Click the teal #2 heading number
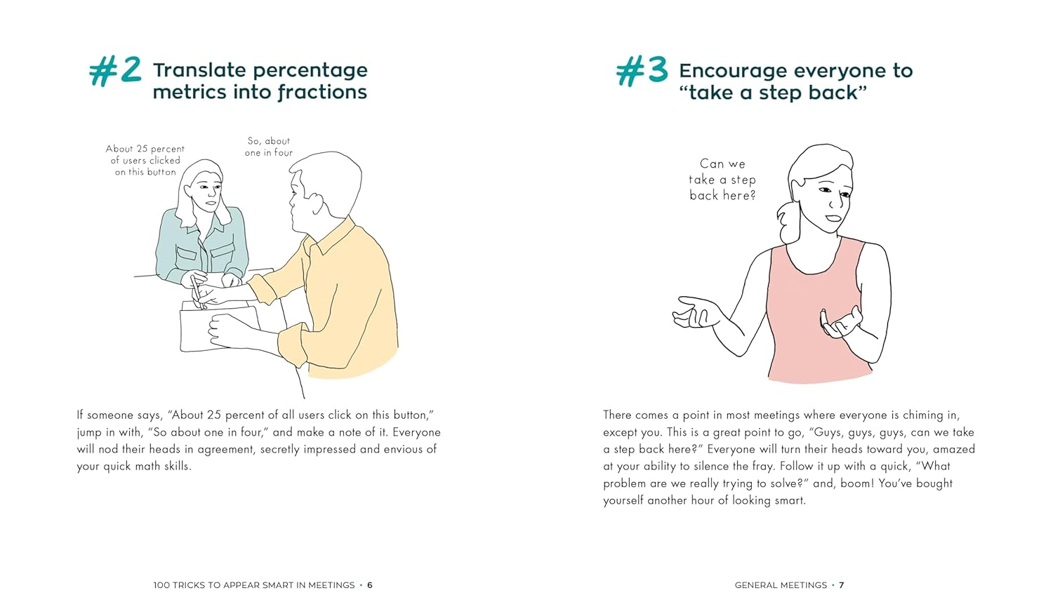coord(115,71)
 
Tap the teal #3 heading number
coord(642,71)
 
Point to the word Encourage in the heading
coord(734,71)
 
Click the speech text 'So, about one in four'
coord(269,147)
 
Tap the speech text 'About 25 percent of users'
coord(145,160)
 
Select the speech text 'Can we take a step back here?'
coord(722,180)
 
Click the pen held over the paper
coord(196,291)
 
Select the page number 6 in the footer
coord(370,585)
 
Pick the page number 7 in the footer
coord(842,585)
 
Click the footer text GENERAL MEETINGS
coord(781,585)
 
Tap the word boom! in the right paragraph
coord(852,483)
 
